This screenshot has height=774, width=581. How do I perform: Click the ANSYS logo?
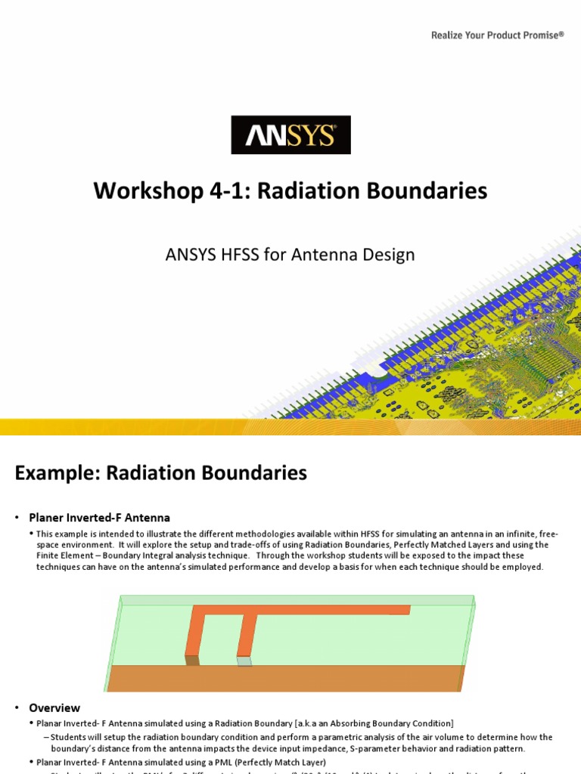290,135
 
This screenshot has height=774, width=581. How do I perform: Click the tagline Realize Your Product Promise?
497,35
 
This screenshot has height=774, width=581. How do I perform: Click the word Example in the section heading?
55,473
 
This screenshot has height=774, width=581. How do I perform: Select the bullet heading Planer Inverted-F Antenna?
99,518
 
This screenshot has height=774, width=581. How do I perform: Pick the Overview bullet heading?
54,708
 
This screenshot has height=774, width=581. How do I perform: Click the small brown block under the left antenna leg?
193,661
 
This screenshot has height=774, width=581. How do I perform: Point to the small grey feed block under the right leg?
244,661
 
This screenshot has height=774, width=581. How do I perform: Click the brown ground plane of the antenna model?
287,678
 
